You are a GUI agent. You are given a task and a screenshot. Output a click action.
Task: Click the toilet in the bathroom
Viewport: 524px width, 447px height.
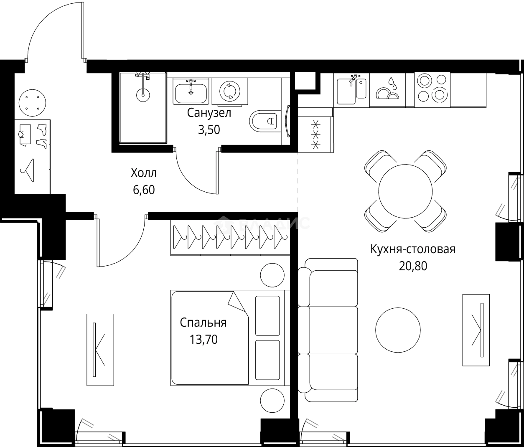[265, 122]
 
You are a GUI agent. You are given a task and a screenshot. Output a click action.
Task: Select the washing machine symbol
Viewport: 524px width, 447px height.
[229, 91]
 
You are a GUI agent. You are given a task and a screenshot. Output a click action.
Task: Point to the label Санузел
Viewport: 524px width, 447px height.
[209, 113]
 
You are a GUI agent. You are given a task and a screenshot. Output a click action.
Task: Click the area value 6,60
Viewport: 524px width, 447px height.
[144, 190]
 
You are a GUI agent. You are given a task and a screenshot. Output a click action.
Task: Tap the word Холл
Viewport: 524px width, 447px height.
[144, 173]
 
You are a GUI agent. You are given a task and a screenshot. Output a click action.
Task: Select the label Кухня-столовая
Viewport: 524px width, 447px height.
[412, 249]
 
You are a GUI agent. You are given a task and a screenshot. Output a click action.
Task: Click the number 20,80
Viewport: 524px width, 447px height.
[413, 266]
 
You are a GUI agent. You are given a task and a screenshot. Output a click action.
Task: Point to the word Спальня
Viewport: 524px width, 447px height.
[203, 323]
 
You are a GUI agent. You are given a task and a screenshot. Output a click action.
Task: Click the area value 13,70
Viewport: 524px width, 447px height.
[203, 340]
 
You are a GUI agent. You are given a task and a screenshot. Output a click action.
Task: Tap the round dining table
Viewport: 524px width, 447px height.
[405, 191]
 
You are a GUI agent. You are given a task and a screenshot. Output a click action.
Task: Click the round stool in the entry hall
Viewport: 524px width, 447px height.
[32, 102]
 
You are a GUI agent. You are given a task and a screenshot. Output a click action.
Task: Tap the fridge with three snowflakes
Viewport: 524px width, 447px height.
[316, 134]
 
